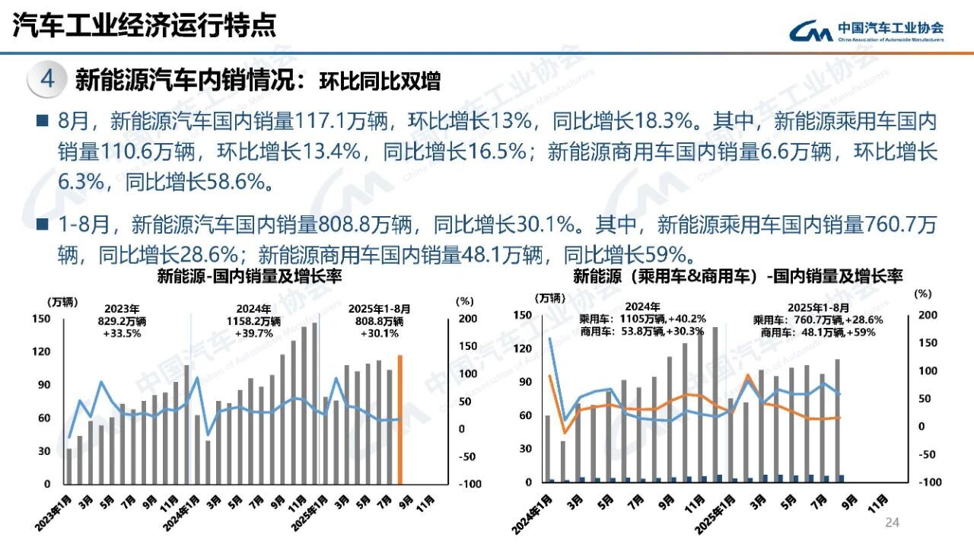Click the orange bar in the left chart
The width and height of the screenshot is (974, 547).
pyautogui.click(x=400, y=418)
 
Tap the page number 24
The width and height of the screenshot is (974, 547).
pyautogui.click(x=892, y=522)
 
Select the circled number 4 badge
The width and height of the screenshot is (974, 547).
pyautogui.click(x=47, y=80)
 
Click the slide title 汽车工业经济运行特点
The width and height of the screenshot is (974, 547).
pyautogui.click(x=145, y=27)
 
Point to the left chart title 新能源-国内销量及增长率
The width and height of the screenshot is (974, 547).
pyautogui.click(x=249, y=277)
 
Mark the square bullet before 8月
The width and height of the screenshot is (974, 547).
pyautogui.click(x=41, y=122)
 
